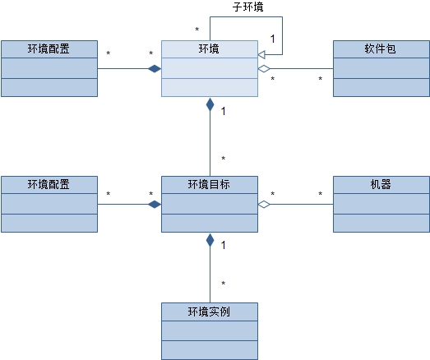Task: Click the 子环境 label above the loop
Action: pyautogui.click(x=248, y=7)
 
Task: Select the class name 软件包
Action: pyautogui.click(x=380, y=48)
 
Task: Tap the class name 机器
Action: pyautogui.click(x=381, y=184)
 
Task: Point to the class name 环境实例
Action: pyautogui.click(x=209, y=312)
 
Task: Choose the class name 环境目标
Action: pyautogui.click(x=209, y=184)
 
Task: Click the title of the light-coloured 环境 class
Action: pyautogui.click(x=209, y=48)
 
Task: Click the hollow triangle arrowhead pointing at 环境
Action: pyautogui.click(x=261, y=54)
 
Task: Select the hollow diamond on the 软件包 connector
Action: pyautogui.click(x=264, y=68)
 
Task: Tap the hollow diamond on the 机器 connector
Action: pyautogui.click(x=264, y=205)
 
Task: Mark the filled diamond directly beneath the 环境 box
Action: pyautogui.click(x=210, y=104)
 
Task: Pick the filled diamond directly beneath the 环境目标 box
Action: pyautogui.click(x=210, y=240)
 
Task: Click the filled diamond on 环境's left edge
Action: pyautogui.click(x=155, y=68)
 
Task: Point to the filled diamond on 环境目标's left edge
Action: pyautogui.click(x=155, y=205)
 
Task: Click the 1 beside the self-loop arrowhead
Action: pyautogui.click(x=273, y=39)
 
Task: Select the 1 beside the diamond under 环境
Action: pyautogui.click(x=224, y=111)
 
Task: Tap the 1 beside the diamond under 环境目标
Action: pyautogui.click(x=224, y=245)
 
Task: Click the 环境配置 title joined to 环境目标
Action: pyautogui.click(x=49, y=184)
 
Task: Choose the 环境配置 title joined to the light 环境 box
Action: pyautogui.click(x=49, y=48)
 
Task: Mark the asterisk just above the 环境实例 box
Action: pyautogui.click(x=224, y=284)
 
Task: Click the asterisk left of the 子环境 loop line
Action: pyautogui.click(x=197, y=29)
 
